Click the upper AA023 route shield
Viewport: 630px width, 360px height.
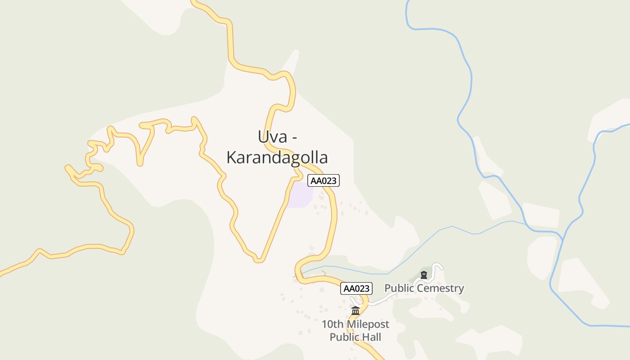[x=323, y=180]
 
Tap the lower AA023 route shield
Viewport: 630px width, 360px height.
[x=356, y=288]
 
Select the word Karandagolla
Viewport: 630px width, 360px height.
[x=277, y=157]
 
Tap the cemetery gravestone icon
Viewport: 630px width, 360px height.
[x=423, y=275]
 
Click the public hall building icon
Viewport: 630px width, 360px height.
[x=355, y=310]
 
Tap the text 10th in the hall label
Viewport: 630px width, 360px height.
[x=331, y=324]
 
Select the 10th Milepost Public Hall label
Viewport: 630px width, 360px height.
[x=355, y=330]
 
